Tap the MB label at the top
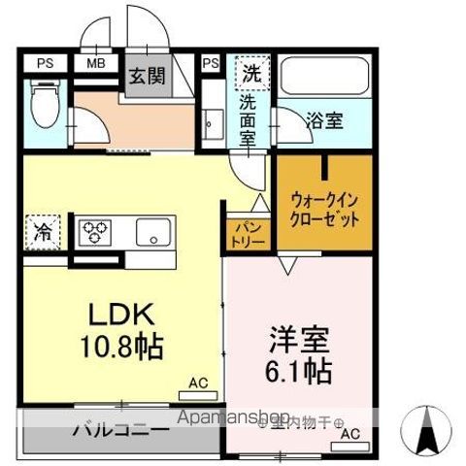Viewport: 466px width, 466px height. click(96, 64)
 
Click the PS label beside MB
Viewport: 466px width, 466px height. click(45, 64)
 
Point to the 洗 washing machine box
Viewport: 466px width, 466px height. click(250, 72)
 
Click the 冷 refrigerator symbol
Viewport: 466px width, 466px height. click(44, 232)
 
